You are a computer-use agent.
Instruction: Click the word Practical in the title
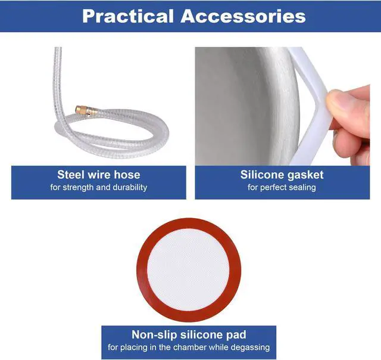pos(127,15)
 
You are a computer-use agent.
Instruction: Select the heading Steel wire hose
pos(99,175)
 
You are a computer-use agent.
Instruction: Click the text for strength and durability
pos(99,187)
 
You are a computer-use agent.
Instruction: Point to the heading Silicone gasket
pos(282,175)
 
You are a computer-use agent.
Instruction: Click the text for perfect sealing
pos(282,187)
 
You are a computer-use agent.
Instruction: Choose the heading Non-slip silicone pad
pos(189,334)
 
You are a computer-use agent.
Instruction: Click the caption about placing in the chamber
pos(189,347)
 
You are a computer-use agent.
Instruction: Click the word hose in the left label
pos(128,175)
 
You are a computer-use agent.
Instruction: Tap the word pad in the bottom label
pos(236,334)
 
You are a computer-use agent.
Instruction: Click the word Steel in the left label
pos(70,175)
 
